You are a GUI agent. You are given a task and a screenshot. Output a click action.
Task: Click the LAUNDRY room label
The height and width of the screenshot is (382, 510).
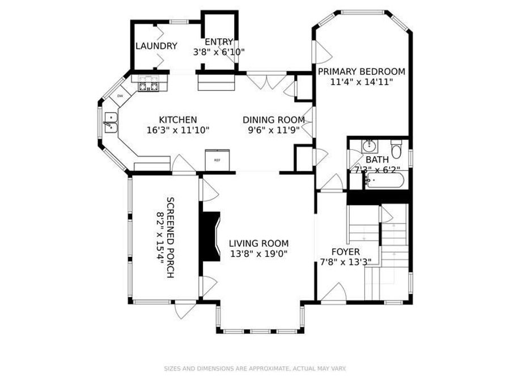[x=156, y=46]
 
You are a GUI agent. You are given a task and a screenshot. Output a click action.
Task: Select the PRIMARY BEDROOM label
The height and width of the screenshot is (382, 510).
[x=361, y=71]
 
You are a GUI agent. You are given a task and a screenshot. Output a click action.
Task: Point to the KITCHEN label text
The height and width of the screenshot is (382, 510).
[x=177, y=119]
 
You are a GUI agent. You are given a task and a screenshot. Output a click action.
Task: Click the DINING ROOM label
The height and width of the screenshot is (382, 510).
[x=274, y=119]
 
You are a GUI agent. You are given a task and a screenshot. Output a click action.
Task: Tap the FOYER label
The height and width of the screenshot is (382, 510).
[x=346, y=251]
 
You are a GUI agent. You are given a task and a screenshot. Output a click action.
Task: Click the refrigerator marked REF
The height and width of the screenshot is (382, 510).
[x=217, y=160]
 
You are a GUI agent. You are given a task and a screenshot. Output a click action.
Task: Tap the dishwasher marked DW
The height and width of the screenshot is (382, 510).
[x=120, y=96]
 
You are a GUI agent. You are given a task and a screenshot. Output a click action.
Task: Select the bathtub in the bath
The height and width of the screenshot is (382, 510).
[x=385, y=181]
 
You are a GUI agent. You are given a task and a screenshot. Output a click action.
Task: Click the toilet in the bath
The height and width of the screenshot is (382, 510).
[x=397, y=150]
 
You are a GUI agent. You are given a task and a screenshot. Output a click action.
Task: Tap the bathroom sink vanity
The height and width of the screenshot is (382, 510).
[x=369, y=145]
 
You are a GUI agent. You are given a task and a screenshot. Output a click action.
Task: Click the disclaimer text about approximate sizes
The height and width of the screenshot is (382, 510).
[x=255, y=368]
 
